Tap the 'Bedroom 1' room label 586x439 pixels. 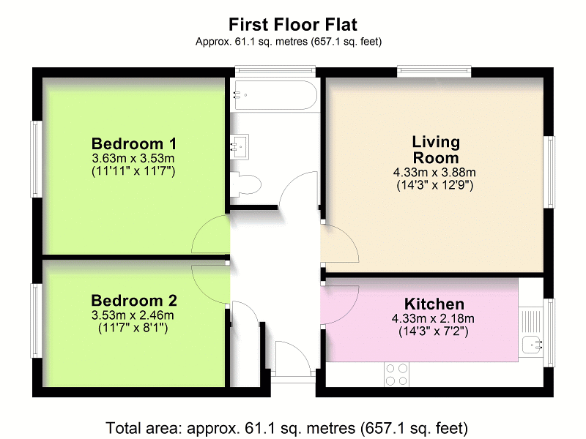click(x=134, y=143)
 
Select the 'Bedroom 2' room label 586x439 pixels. click(x=134, y=301)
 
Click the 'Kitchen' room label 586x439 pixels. click(x=434, y=304)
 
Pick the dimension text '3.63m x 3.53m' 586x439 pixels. click(x=134, y=158)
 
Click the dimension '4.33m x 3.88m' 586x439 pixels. click(x=435, y=173)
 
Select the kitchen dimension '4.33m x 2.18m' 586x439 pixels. click(x=434, y=318)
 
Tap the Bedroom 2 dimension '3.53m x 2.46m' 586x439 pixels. click(x=134, y=315)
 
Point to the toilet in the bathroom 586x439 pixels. click(x=244, y=184)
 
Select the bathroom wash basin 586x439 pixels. click(x=240, y=145)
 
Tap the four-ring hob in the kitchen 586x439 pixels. click(x=397, y=374)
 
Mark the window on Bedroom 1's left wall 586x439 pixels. click(x=34, y=159)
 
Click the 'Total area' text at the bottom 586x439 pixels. click(x=287, y=427)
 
